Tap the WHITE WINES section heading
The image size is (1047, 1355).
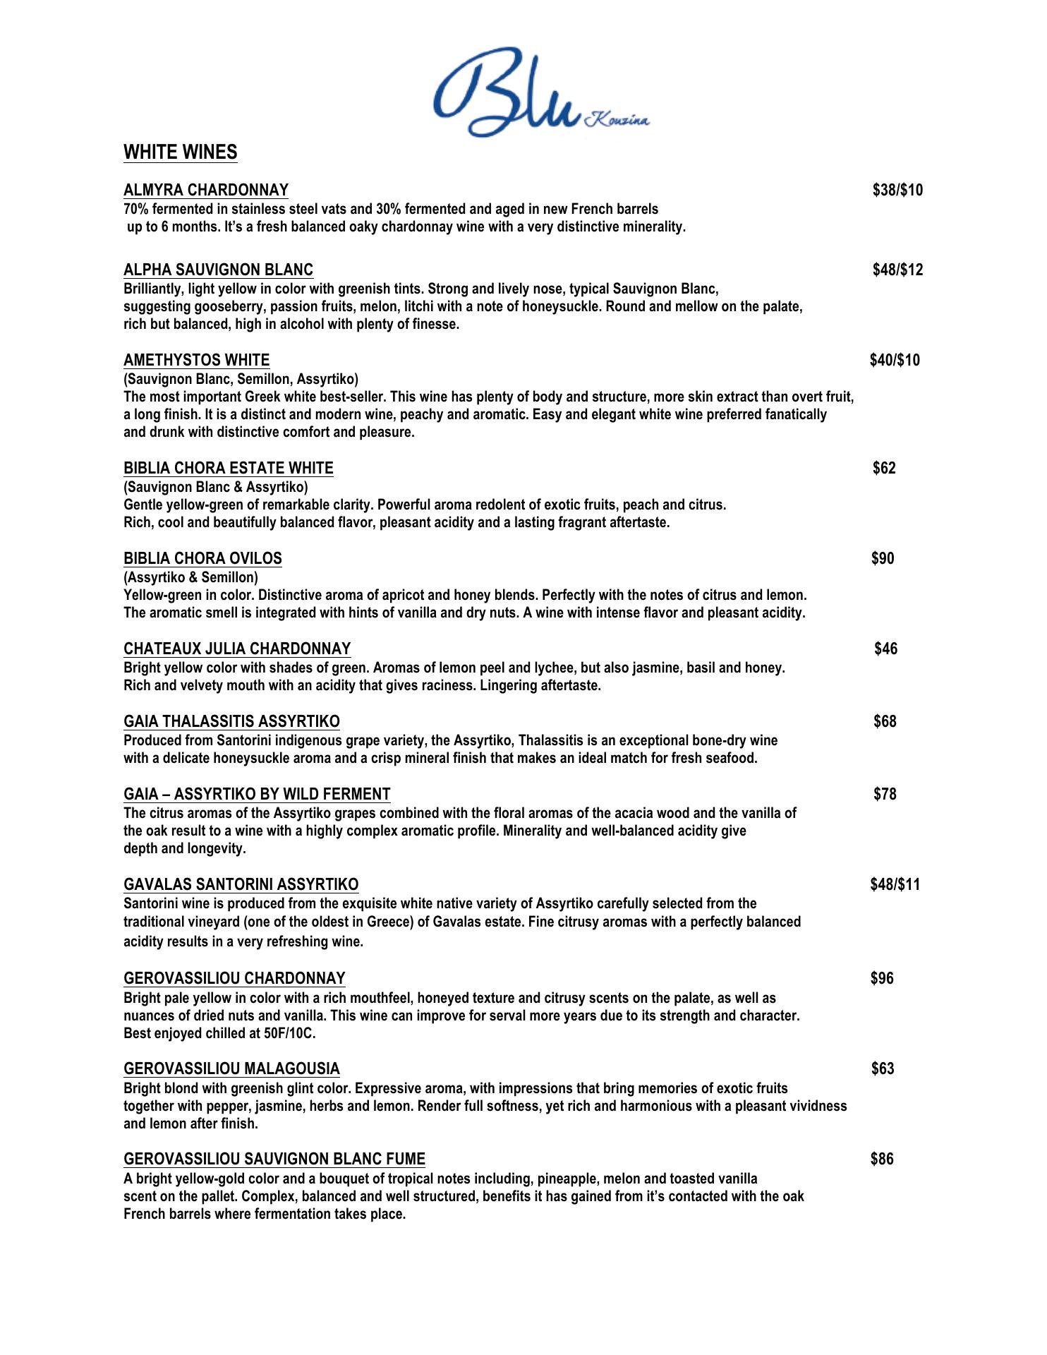(181, 152)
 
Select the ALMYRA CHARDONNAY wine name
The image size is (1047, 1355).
(206, 190)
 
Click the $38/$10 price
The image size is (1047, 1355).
(897, 190)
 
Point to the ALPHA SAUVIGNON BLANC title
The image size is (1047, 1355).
(219, 270)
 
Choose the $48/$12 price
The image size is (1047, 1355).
(897, 270)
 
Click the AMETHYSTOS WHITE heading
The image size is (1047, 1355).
(197, 360)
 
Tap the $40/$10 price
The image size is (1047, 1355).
(895, 360)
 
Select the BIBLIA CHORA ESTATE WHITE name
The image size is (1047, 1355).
(229, 468)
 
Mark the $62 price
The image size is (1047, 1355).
(884, 468)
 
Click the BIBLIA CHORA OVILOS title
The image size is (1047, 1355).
(203, 558)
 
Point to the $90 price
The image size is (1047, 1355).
(883, 558)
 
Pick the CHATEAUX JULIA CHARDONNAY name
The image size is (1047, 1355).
(237, 649)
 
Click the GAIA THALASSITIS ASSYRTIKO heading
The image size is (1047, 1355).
(231, 721)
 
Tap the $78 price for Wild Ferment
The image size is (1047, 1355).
(885, 794)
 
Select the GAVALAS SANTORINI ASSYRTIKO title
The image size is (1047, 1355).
(241, 884)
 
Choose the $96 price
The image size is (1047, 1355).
(882, 978)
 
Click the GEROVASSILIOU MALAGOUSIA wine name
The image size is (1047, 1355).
(231, 1068)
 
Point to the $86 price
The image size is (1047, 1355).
(882, 1159)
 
